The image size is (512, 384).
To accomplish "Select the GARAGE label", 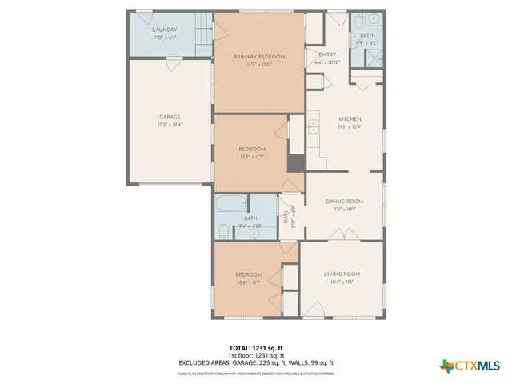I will (169, 117).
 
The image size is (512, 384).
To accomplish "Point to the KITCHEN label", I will (350, 118).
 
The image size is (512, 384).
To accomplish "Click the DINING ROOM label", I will (345, 201).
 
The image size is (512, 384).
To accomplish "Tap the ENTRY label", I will (317, 54).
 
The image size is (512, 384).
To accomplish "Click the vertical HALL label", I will (286, 218).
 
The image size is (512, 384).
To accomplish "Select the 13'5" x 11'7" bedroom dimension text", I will (251, 157).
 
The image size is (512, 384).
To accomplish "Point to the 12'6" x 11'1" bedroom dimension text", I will (248, 282).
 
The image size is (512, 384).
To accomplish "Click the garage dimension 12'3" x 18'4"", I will (169, 125).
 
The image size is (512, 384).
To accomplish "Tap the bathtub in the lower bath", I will (231, 204).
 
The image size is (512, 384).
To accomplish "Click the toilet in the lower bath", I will (222, 231).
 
